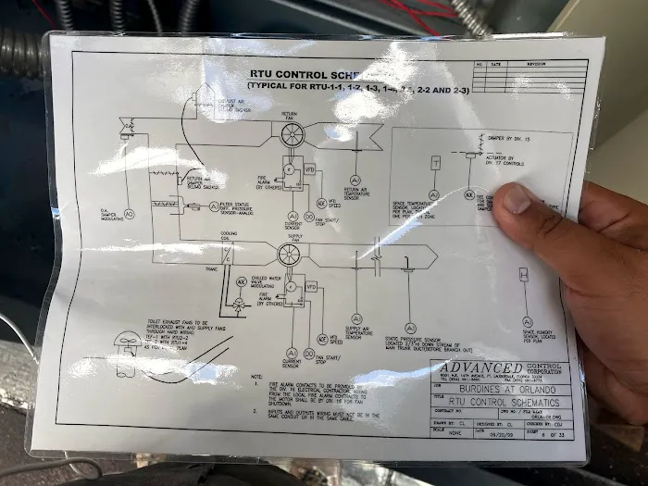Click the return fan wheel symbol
(x=293, y=134)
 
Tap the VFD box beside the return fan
(x=311, y=171)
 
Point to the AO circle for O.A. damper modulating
(x=129, y=214)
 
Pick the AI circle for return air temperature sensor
(x=353, y=180)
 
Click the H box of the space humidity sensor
(x=523, y=275)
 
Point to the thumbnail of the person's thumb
(x=516, y=197)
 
